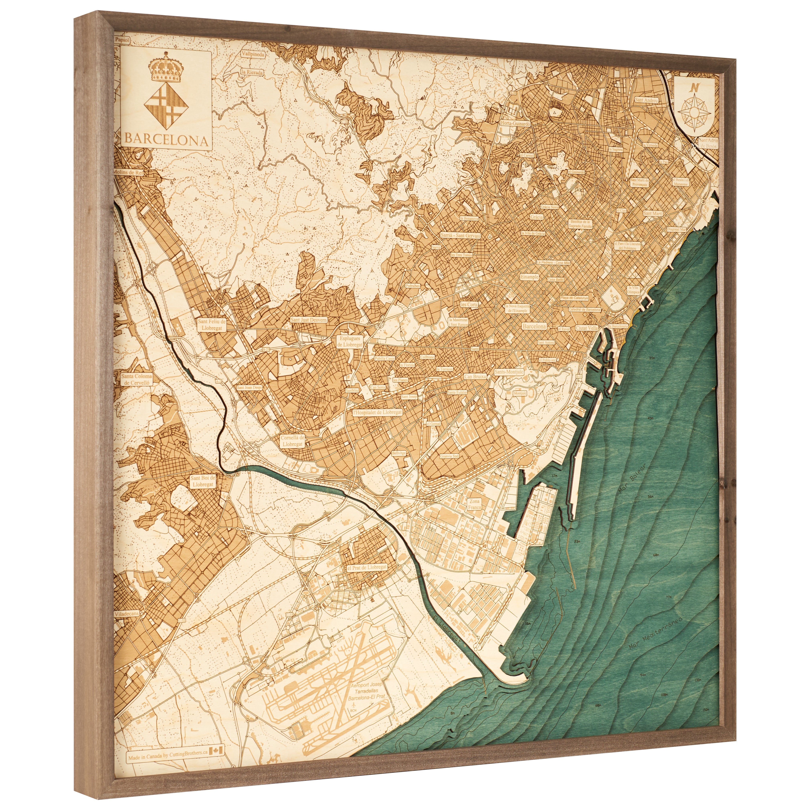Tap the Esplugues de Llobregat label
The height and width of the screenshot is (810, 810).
350,341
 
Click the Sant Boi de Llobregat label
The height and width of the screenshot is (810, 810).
203,481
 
